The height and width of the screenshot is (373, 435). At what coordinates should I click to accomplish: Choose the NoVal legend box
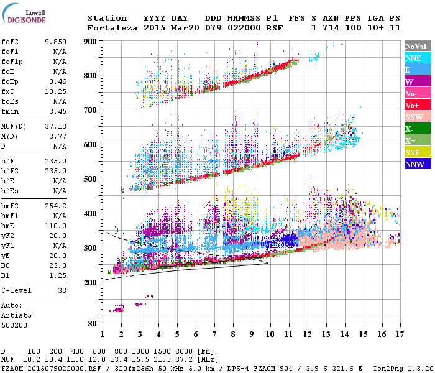pyautogui.click(x=416, y=46)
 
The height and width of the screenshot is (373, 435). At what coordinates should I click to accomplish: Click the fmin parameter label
pyautogui.click(x=11, y=111)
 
